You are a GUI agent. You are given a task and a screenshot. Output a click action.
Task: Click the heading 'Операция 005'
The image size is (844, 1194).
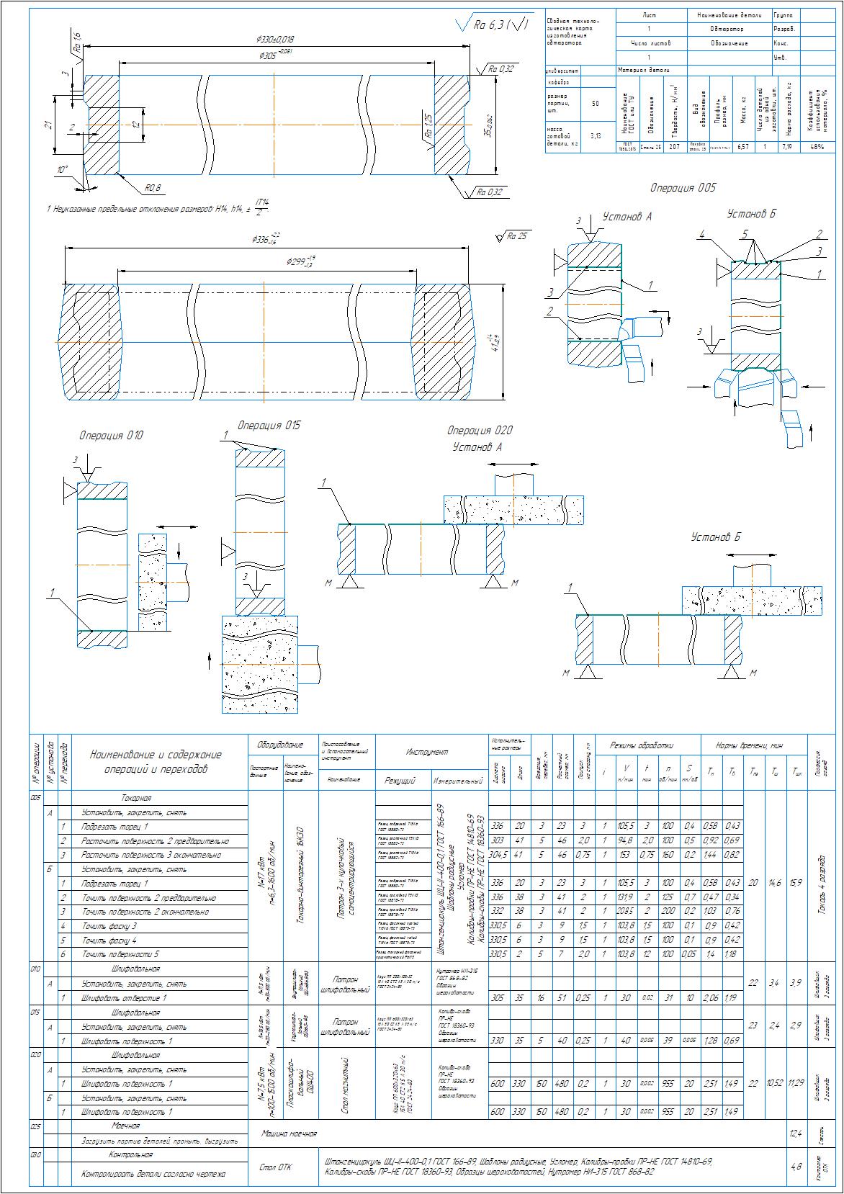[x=683, y=188]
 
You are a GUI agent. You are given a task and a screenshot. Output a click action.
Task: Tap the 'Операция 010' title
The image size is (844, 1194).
[x=111, y=436]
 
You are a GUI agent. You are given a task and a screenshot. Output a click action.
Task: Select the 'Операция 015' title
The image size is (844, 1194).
[x=269, y=426]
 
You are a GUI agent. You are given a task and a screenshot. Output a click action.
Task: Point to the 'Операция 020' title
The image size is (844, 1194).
[x=480, y=431]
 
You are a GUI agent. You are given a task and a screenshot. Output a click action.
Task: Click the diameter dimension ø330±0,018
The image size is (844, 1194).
[x=274, y=39]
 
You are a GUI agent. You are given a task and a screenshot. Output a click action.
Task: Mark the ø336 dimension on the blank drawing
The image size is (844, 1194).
[x=266, y=238]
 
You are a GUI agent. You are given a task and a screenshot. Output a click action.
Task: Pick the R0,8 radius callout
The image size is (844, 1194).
[x=153, y=189]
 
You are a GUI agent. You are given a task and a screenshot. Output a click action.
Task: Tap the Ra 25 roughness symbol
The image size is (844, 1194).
[x=514, y=236]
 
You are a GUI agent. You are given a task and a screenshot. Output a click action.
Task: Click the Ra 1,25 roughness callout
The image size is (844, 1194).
[x=426, y=127]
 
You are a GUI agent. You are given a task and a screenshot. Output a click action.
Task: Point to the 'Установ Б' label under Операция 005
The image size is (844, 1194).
[x=751, y=214]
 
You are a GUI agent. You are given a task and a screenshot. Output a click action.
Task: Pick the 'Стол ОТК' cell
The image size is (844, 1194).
[x=274, y=1167]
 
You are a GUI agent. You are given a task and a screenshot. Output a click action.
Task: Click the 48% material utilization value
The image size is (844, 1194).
[x=817, y=147]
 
